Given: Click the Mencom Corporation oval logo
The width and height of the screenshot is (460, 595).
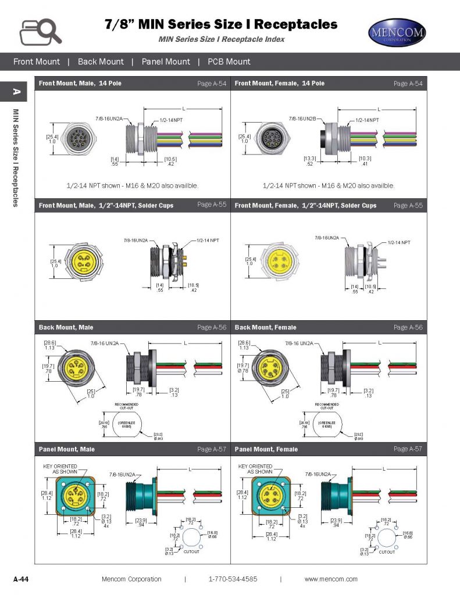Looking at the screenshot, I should [397, 33].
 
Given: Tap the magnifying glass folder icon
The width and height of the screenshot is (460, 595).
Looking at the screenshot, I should [41, 31].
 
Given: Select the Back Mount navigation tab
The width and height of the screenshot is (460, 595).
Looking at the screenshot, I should [101, 62].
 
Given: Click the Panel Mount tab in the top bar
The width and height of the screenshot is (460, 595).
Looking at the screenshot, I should [166, 62].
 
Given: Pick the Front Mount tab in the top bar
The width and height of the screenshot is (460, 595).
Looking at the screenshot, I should [37, 62].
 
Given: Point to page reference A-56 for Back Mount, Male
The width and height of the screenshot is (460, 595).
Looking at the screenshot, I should [212, 328].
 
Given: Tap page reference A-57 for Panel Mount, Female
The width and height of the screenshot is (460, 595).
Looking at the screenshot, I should [408, 449].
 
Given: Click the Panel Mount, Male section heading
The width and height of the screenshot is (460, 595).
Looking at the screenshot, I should [67, 449].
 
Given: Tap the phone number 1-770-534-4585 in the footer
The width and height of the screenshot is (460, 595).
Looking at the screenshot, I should [233, 579].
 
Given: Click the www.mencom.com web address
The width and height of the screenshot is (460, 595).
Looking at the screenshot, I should [331, 579].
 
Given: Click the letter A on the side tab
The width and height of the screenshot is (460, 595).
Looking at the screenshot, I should [17, 92].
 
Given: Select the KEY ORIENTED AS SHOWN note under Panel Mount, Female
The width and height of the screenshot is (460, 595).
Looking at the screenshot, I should [255, 469].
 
